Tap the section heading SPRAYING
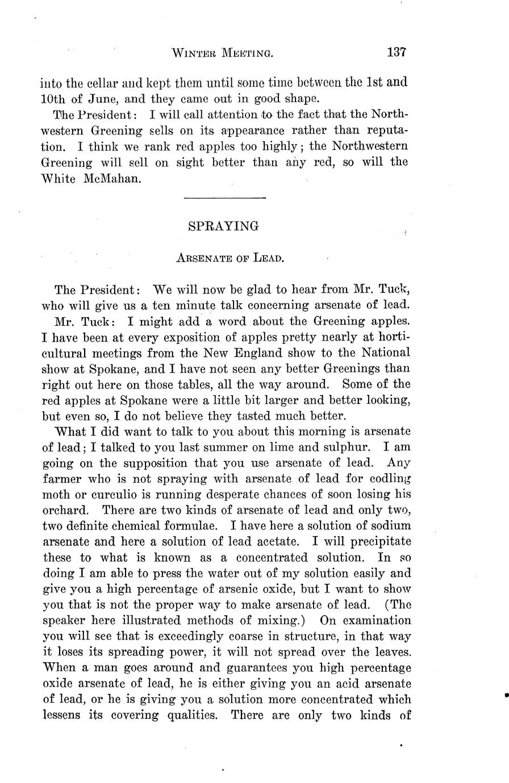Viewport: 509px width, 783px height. pos(223,226)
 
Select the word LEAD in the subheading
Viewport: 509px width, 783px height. pos(268,258)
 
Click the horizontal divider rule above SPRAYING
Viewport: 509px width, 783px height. pos(226,197)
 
